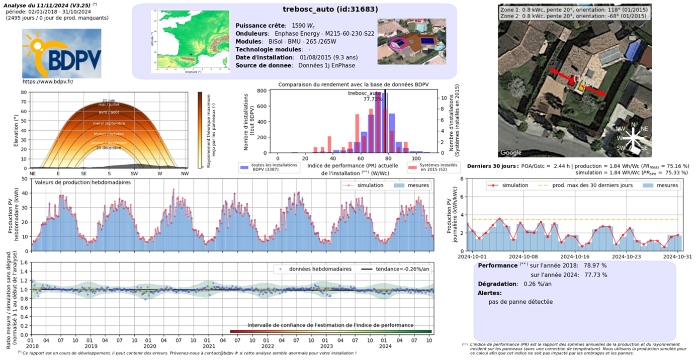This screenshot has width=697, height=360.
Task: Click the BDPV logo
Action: coord(61,53)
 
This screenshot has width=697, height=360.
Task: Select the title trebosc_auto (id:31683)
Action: coord(330,9)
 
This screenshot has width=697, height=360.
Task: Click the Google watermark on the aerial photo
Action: coord(510,152)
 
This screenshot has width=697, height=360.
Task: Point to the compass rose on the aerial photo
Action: coord(633,136)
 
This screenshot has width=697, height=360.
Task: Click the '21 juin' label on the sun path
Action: coord(109,101)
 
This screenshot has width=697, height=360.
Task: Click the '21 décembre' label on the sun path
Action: coord(109,148)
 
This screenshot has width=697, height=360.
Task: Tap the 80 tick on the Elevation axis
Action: coord(24,93)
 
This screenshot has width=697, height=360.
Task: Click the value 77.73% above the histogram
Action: coord(373,100)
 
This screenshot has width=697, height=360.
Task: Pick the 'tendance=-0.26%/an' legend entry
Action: coord(398,269)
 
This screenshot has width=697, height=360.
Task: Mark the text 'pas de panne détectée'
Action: coord(520,302)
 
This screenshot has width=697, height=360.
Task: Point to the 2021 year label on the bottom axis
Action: coord(208,346)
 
